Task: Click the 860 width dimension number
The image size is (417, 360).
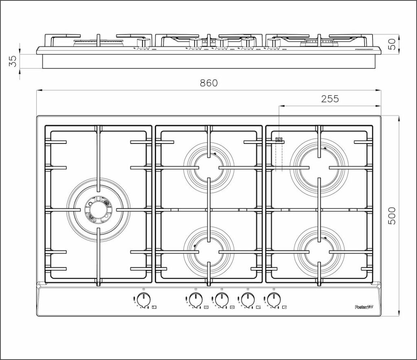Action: coord(209,83)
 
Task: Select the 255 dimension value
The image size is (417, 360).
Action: coord(330,99)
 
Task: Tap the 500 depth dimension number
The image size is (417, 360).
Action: coord(392,216)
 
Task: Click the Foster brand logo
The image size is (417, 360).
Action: coord(364,307)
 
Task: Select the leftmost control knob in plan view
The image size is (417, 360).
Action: coord(144,300)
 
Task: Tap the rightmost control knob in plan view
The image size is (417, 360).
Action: coord(274,300)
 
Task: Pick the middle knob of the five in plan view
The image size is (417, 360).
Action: coord(222,300)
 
